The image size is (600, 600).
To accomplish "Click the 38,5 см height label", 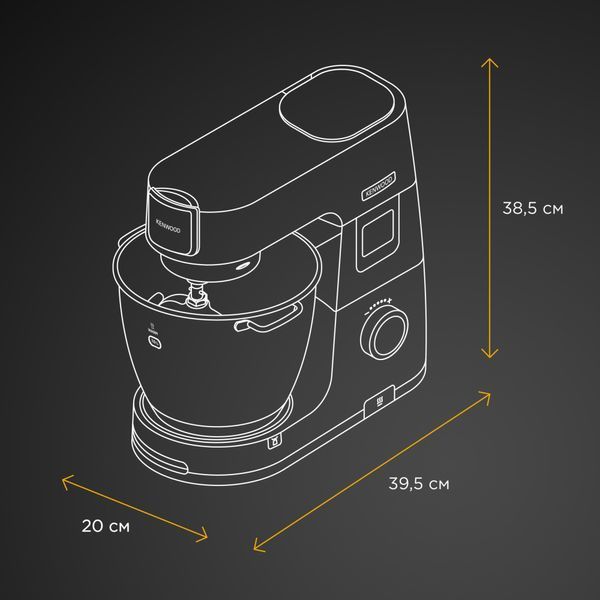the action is (x=533, y=209).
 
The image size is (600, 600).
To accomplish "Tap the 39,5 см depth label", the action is (x=419, y=484).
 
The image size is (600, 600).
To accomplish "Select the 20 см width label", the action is (x=106, y=526).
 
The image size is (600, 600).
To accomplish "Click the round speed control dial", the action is (x=384, y=334).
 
